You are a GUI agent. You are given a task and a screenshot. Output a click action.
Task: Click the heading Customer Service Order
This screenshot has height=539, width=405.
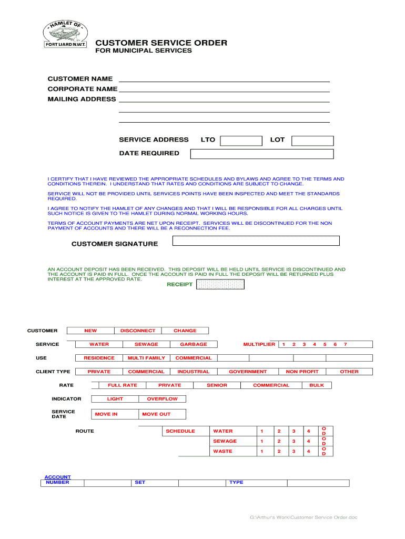(x=161, y=43)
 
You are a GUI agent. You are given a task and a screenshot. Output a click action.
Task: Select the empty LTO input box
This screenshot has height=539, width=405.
(x=241, y=141)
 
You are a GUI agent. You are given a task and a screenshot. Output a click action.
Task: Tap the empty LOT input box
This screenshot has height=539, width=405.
(x=312, y=141)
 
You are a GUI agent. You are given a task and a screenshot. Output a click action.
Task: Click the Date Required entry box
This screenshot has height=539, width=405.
(x=261, y=154)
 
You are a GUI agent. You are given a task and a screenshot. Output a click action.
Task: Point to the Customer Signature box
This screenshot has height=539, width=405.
(x=256, y=241)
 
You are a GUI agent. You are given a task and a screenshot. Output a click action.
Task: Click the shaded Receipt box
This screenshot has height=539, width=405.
(x=220, y=284)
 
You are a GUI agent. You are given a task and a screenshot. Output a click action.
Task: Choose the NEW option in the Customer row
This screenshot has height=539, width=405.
(x=90, y=331)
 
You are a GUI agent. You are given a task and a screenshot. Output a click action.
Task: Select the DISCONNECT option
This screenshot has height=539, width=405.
(x=138, y=331)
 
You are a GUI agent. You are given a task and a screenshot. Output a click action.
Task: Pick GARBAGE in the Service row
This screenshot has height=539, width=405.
(x=194, y=344)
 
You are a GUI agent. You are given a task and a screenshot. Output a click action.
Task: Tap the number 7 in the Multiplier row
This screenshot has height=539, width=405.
(x=345, y=344)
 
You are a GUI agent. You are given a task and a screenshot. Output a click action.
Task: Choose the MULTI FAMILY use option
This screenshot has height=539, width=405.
(x=146, y=358)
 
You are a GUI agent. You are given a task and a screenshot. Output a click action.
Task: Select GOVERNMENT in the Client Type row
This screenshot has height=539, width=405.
(x=248, y=372)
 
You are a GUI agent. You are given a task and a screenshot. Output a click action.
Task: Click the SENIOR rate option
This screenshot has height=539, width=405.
(x=217, y=385)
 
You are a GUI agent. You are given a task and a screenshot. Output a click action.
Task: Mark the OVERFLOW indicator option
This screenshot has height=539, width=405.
(x=162, y=399)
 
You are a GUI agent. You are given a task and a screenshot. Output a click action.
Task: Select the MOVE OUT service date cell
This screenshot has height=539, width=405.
(x=156, y=414)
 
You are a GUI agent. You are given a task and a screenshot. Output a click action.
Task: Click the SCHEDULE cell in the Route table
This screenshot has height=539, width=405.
(x=180, y=431)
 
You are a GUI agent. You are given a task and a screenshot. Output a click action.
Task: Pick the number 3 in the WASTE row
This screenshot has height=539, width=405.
(x=294, y=451)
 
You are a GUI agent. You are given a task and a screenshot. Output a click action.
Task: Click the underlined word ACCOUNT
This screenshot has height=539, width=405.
(x=57, y=477)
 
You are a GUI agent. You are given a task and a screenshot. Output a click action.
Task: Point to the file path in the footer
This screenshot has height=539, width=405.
(x=303, y=517)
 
